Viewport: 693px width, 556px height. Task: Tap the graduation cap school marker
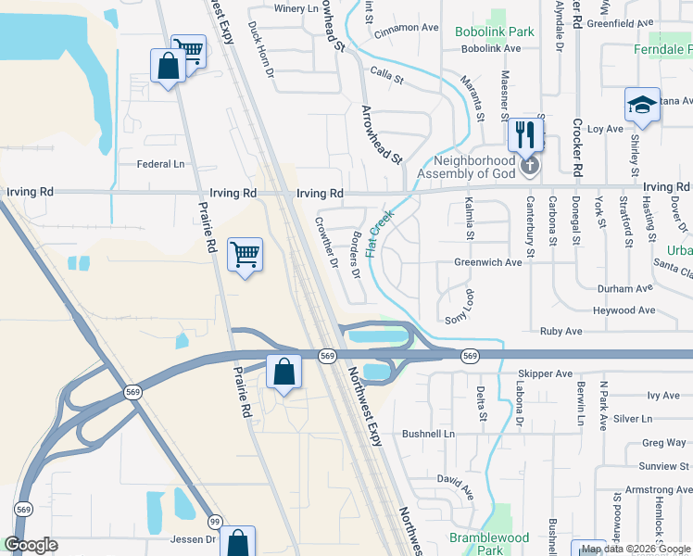pyautogui.click(x=641, y=105)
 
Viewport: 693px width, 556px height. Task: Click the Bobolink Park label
pyautogui.click(x=495, y=32)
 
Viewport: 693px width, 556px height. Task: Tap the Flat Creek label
pyautogui.click(x=380, y=233)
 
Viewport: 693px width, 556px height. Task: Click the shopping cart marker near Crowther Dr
pyautogui.click(x=246, y=254)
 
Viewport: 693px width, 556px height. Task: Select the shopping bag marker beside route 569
pyautogui.click(x=284, y=372)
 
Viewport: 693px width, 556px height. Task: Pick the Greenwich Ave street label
pyautogui.click(x=488, y=262)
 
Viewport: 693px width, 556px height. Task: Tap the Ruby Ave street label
pyautogui.click(x=561, y=331)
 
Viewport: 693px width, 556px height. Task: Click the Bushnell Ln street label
pyautogui.click(x=429, y=434)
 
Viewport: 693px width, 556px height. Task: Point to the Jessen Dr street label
pyautogui.click(x=194, y=538)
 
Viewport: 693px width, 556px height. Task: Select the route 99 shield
pyautogui.click(x=215, y=522)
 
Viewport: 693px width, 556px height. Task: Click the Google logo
pyautogui.click(x=31, y=545)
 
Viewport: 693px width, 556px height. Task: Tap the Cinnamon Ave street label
pyautogui.click(x=406, y=28)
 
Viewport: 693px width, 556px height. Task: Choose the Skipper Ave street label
pyautogui.click(x=546, y=373)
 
